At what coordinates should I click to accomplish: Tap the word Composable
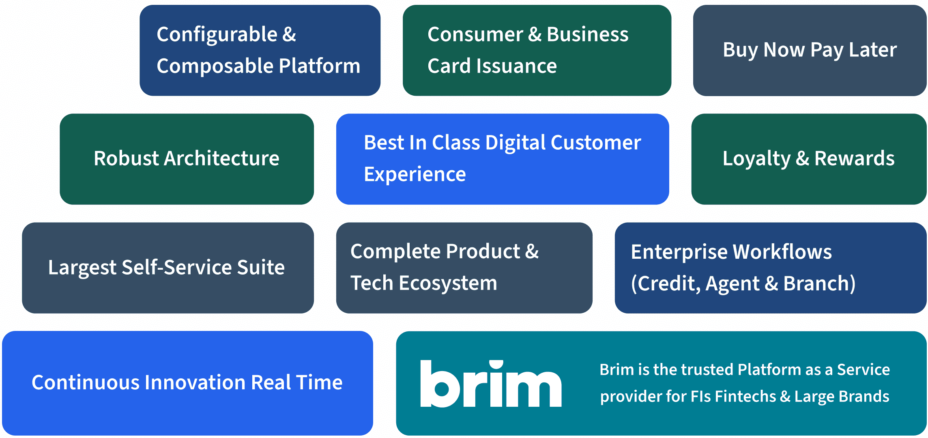[214, 67]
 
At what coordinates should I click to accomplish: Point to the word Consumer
[475, 34]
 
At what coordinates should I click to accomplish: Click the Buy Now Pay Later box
[810, 50]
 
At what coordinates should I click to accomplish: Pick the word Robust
[126, 158]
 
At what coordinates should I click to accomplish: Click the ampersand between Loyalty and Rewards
[802, 158]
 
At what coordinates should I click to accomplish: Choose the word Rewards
[855, 158]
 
